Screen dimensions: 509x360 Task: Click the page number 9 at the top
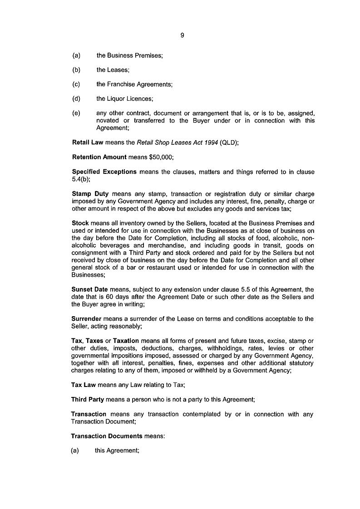182,35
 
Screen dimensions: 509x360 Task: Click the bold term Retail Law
88,142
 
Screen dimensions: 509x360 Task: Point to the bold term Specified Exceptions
104,171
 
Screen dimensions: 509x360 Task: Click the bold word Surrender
86,318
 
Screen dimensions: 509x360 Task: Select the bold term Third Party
88,399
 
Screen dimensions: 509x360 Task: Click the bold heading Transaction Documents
107,436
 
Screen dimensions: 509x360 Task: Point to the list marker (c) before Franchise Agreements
76,84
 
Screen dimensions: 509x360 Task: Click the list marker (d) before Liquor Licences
76,98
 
